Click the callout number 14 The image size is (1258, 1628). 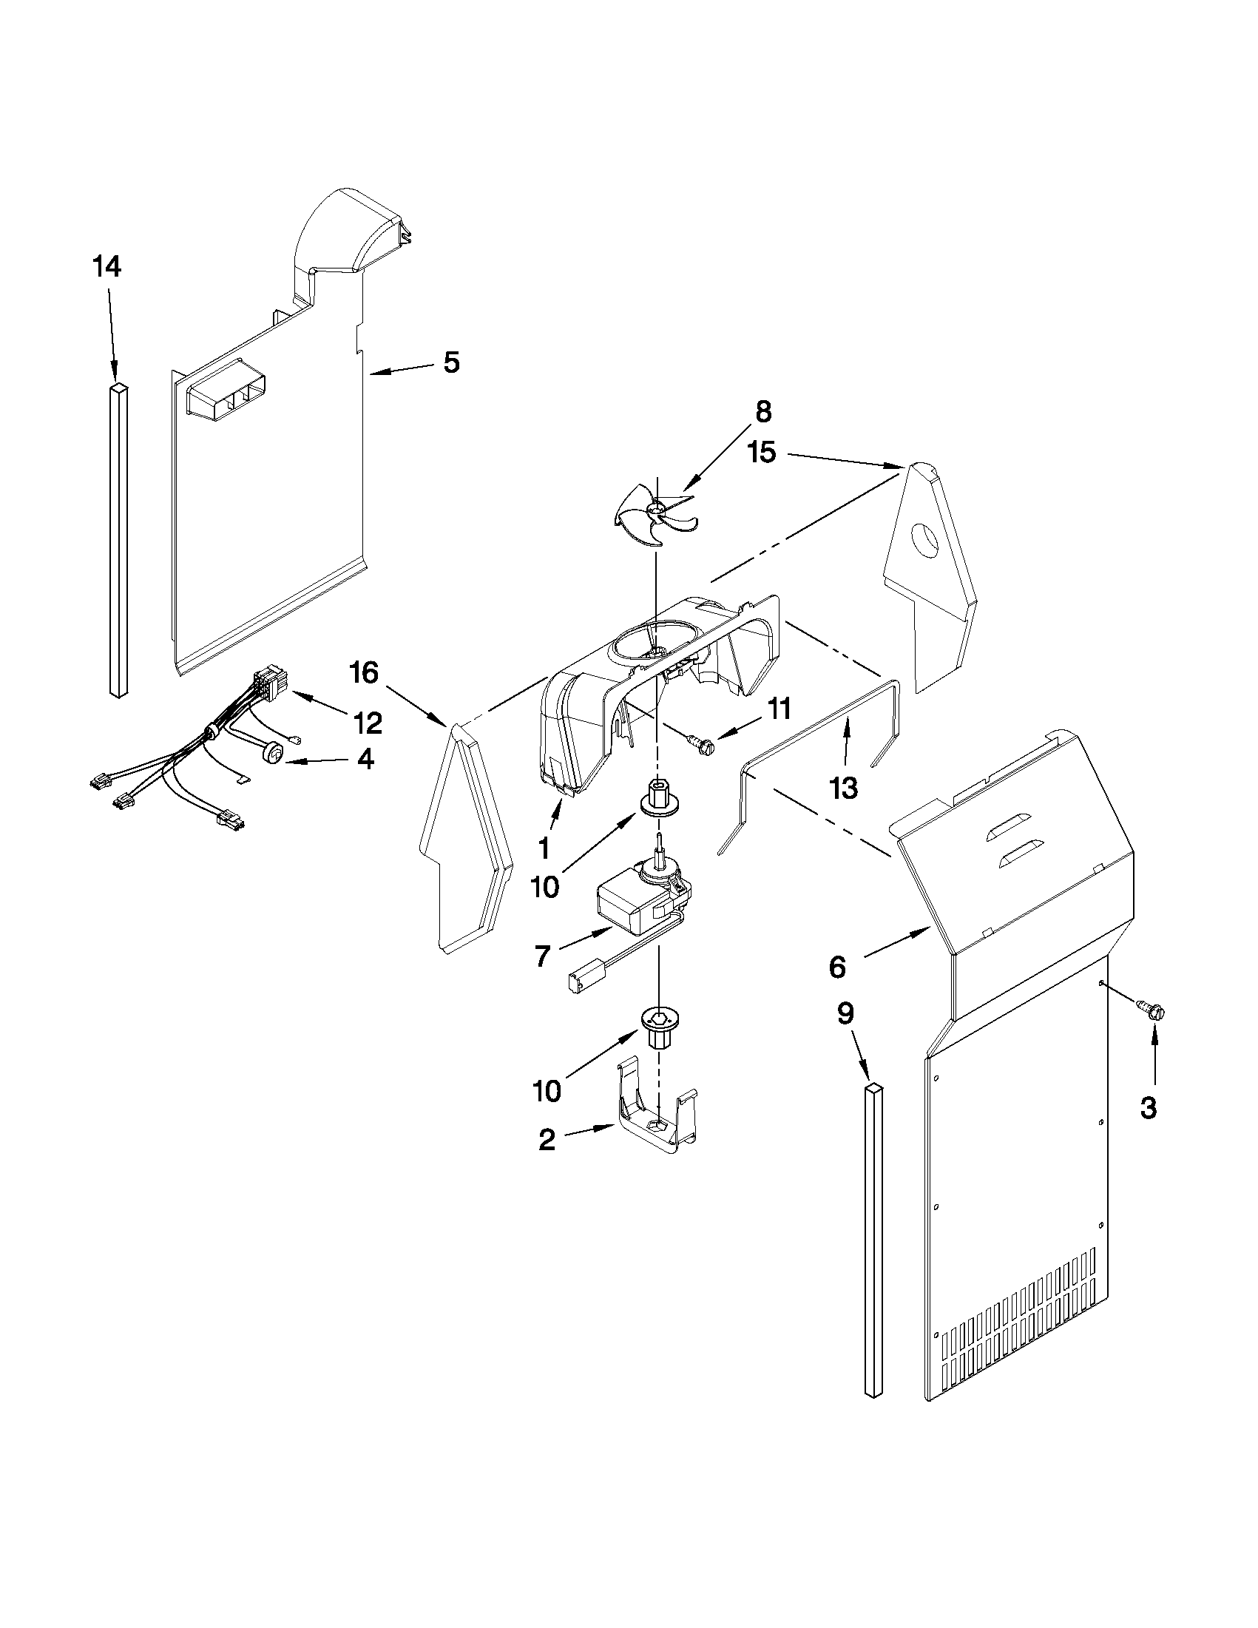coord(106,267)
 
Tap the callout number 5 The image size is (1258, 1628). coord(452,363)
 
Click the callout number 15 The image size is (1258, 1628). coord(762,453)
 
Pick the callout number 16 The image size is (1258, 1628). coord(365,674)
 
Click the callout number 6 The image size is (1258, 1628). coord(837,967)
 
